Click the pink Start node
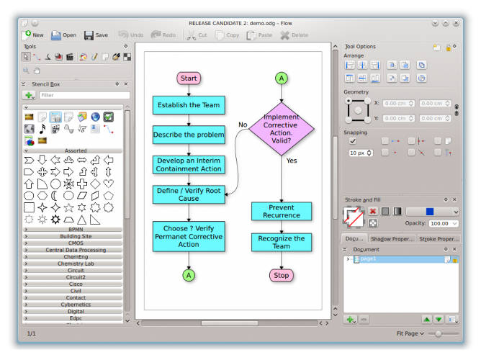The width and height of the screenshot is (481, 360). [189, 78]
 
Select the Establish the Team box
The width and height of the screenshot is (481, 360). [189, 105]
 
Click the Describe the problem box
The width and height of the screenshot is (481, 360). [189, 135]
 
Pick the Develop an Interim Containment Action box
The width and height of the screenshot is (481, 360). [189, 164]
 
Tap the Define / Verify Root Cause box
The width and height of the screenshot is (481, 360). [189, 194]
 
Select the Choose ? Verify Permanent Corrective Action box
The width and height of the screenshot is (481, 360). [189, 235]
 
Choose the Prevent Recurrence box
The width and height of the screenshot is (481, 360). [282, 211]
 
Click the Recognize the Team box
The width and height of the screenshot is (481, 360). [282, 242]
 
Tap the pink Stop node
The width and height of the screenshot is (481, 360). [282, 275]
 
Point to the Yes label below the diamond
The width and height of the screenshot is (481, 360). [292, 161]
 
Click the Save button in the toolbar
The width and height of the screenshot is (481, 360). [96, 35]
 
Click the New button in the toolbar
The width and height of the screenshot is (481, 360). [33, 35]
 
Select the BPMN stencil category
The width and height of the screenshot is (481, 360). [76, 230]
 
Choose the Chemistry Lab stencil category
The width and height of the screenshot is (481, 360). [76, 264]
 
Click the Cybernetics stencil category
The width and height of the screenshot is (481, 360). [76, 305]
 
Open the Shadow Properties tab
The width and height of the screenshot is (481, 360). [392, 238]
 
